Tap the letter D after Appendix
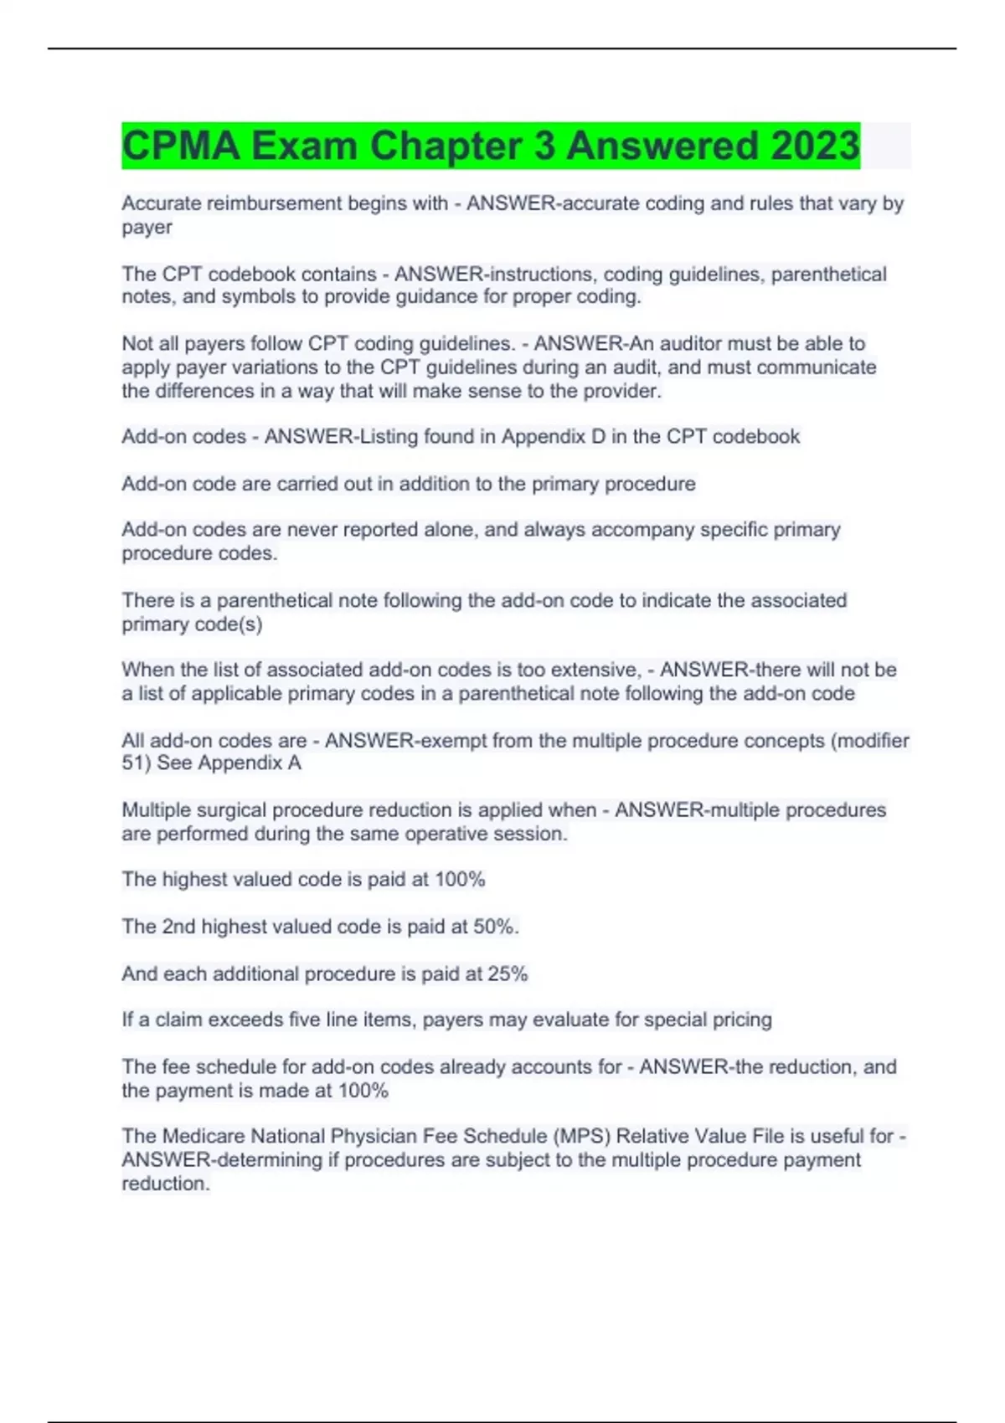coord(598,437)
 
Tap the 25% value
coord(508,973)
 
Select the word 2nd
coord(178,927)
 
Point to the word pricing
coord(741,1020)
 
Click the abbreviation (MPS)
coord(583,1136)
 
